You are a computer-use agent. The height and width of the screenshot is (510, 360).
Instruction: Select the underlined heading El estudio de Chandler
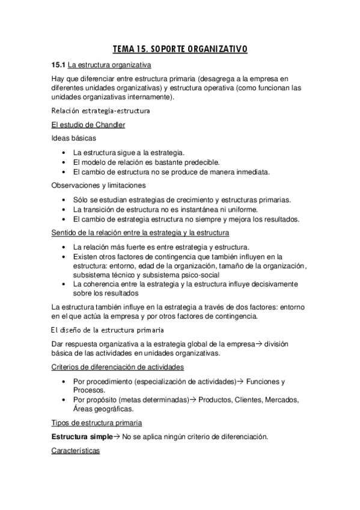[88, 124]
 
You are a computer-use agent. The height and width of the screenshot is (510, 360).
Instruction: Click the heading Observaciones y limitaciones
[99, 185]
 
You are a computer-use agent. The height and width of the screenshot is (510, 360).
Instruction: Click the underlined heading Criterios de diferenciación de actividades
[118, 366]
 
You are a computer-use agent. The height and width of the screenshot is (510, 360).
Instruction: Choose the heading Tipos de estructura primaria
[96, 423]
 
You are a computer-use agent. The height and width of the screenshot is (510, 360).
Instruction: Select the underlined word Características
[76, 450]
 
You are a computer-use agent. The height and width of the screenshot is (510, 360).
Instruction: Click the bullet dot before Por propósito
[64, 400]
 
